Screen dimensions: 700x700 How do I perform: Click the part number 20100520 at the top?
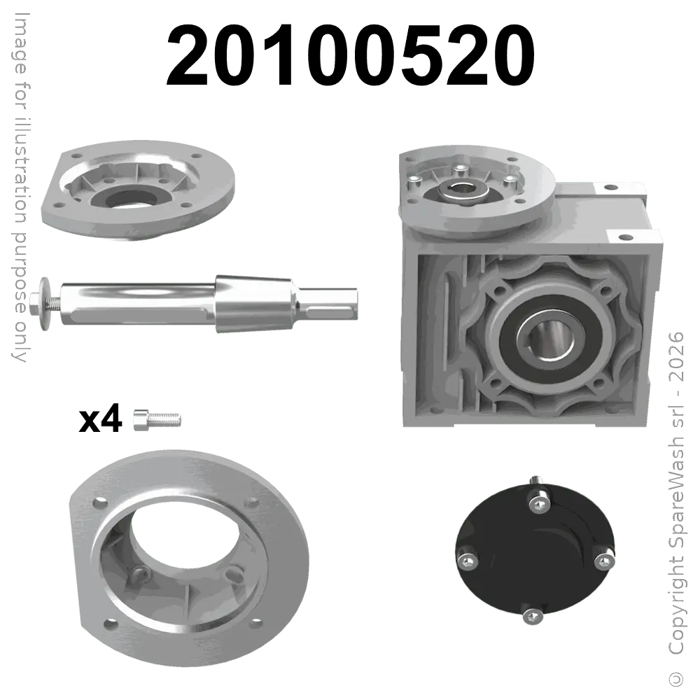pos(350,55)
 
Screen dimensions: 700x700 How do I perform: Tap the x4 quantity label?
pos(100,419)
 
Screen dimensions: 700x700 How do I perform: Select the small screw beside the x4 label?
pos(157,420)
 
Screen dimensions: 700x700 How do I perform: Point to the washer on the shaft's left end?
pos(45,304)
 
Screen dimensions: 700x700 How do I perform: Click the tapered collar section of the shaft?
pos(254,304)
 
